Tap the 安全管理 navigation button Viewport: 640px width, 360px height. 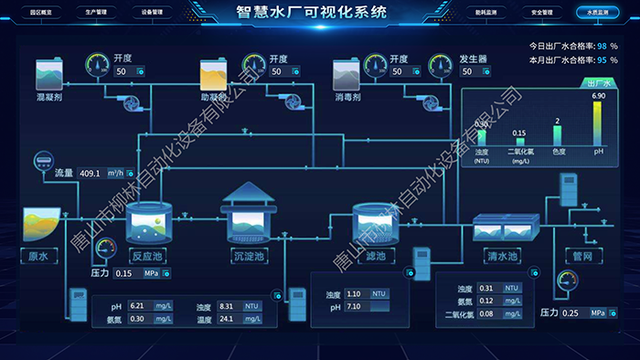[x=541, y=14]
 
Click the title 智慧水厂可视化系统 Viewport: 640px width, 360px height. [x=311, y=13]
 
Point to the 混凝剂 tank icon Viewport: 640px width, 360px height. [x=48, y=73]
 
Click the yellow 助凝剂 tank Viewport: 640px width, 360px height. [x=213, y=73]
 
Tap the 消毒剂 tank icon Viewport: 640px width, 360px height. [x=347, y=73]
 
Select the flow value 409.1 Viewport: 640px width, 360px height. [x=91, y=173]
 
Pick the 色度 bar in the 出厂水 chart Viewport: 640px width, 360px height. [x=557, y=135]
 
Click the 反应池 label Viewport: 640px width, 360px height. [x=146, y=256]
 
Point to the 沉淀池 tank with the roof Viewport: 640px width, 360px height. [x=249, y=215]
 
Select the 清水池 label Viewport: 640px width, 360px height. [x=501, y=256]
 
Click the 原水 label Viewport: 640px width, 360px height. [x=37, y=256]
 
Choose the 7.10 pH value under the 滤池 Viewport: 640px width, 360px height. [x=356, y=307]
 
